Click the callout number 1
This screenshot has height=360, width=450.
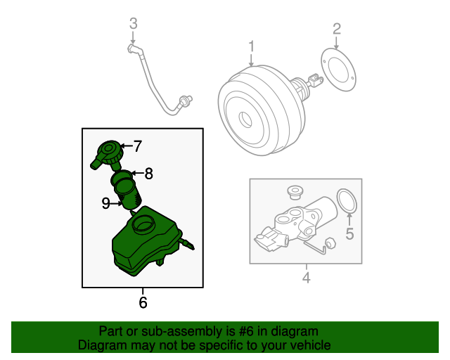[x=251, y=47]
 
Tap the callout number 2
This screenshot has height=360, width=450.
[x=337, y=29]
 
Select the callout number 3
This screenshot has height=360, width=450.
[x=133, y=25]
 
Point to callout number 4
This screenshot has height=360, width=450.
[x=306, y=278]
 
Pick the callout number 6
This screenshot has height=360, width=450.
[x=143, y=303]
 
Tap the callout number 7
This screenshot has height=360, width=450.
[x=138, y=147]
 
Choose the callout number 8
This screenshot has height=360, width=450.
[x=148, y=173]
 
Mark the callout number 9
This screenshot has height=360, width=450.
[x=105, y=203]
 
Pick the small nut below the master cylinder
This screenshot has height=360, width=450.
[x=331, y=243]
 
